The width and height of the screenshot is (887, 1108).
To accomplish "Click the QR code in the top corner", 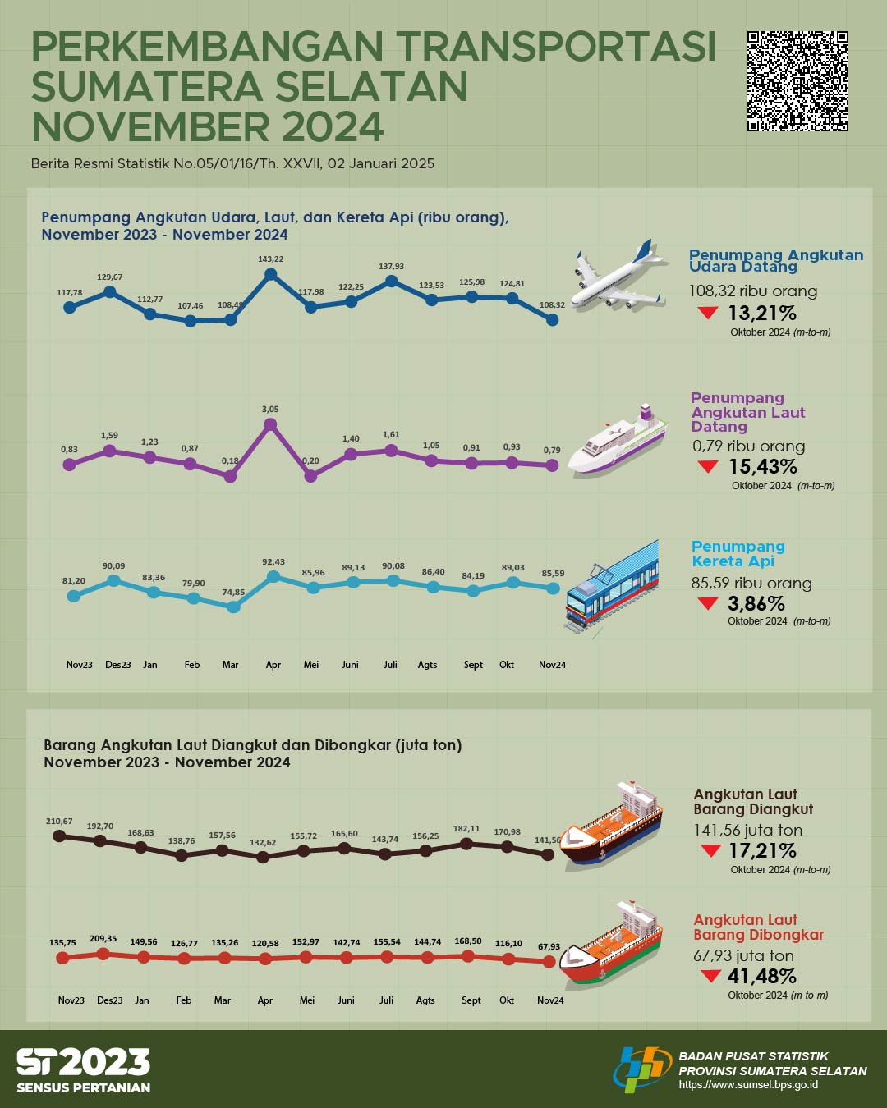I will pyautogui.click(x=797, y=81).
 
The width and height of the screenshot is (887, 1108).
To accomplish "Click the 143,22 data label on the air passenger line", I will pyautogui.click(x=270, y=259).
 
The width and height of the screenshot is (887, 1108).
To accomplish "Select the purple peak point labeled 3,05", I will pyautogui.click(x=270, y=424).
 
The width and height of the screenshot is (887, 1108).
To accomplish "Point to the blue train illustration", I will pyautogui.click(x=613, y=584).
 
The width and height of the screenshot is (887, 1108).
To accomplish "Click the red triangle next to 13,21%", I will pyautogui.click(x=707, y=313).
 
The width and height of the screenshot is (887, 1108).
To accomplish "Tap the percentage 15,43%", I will pyautogui.click(x=763, y=466).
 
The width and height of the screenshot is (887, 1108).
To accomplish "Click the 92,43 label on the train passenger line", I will pyautogui.click(x=273, y=562).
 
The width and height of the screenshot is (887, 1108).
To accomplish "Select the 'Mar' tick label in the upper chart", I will pyautogui.click(x=230, y=665).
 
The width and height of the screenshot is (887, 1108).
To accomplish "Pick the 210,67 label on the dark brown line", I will pyautogui.click(x=59, y=821).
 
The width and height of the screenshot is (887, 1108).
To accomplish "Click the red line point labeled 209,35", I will pyautogui.click(x=103, y=954).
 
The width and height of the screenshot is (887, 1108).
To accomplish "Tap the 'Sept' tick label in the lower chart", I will pyautogui.click(x=471, y=1000).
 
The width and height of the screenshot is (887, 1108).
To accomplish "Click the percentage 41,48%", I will pyautogui.click(x=761, y=976).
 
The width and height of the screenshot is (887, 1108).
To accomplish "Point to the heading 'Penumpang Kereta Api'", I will pyautogui.click(x=738, y=554).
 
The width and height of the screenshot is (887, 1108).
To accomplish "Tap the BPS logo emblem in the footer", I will pyautogui.click(x=641, y=1069).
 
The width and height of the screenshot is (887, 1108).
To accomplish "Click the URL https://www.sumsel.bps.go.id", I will pyautogui.click(x=747, y=1085).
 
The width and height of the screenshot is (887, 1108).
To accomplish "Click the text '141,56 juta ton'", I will pyautogui.click(x=747, y=830).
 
